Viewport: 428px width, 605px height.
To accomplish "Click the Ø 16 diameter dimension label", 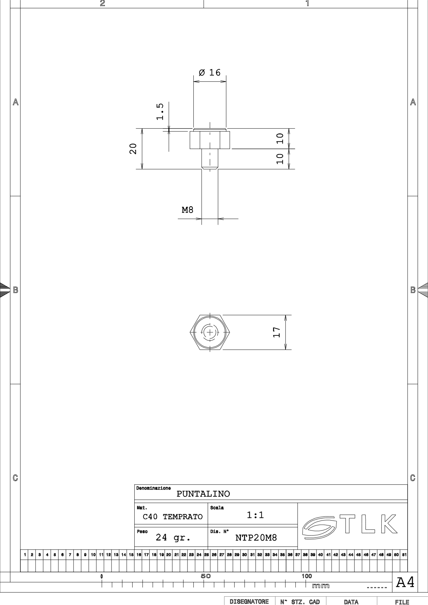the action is point(210,72).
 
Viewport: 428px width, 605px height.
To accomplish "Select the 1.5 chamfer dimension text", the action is point(160,111).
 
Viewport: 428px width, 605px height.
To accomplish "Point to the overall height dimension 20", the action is point(133,149).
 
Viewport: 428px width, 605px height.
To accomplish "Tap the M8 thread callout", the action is point(187,210).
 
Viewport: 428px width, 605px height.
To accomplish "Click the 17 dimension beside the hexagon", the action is point(277,332).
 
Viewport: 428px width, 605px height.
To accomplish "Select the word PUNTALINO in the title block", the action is point(203,494).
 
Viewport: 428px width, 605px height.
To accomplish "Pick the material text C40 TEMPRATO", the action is point(173,517).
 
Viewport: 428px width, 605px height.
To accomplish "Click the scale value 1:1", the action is point(255,515).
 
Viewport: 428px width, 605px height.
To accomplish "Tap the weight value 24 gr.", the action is point(173,537).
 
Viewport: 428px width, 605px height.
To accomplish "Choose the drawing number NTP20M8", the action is point(256,538).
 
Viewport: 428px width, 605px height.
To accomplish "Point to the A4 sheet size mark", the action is point(405,582).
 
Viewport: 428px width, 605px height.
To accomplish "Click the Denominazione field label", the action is point(154,488).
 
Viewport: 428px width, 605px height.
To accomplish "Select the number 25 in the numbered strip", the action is point(206,555).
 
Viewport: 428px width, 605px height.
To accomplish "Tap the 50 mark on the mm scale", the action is point(206,576).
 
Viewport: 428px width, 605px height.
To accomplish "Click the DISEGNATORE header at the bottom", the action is point(249,602).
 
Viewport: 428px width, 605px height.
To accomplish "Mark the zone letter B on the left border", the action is point(16,290).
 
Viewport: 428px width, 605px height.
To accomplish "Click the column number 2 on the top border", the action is point(103,3).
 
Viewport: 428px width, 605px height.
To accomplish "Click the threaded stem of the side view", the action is point(210,159).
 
